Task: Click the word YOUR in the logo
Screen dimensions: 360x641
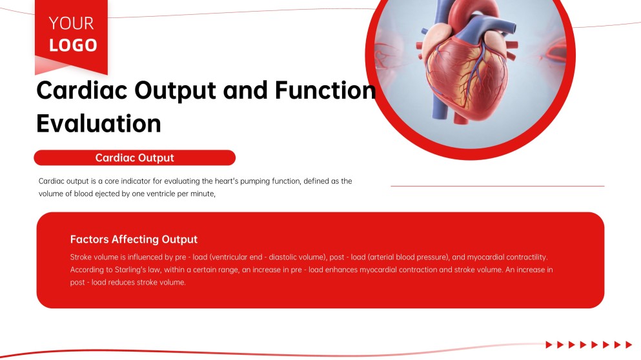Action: tap(71, 24)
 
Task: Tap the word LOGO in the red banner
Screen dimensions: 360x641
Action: tap(73, 45)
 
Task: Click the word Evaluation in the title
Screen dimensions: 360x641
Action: tap(98, 123)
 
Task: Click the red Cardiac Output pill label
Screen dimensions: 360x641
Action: tap(134, 158)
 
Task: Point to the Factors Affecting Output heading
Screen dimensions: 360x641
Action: tap(134, 239)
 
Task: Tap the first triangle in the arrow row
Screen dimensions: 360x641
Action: tap(549, 345)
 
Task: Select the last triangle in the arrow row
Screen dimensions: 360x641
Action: tap(629, 345)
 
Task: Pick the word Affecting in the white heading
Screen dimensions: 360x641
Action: tap(136, 239)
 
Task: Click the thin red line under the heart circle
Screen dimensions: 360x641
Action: tap(497, 186)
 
